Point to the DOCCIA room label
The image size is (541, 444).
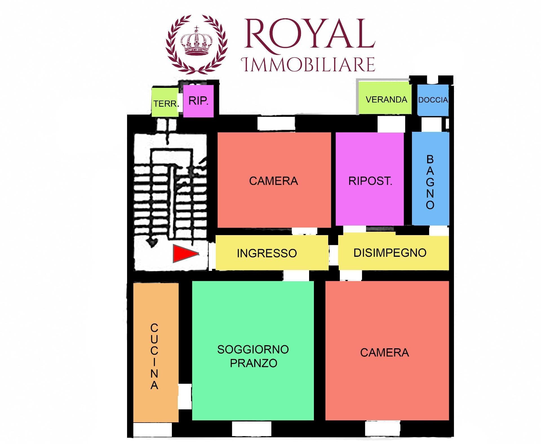[433, 100]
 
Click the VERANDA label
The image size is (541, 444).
[386, 99]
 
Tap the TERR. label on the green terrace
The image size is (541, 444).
[166, 104]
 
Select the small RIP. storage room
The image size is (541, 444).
[198, 101]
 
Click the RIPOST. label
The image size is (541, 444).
[370, 181]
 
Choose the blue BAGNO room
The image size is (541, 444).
[431, 179]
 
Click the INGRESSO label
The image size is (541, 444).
[267, 253]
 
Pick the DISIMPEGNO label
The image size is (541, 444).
[390, 253]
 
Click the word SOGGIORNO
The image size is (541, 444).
[253, 349]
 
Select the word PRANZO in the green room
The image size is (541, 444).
[254, 363]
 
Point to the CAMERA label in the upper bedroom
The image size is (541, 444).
[273, 181]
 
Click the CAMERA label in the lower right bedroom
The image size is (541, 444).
[384, 352]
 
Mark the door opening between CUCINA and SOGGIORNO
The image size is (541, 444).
[185, 397]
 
